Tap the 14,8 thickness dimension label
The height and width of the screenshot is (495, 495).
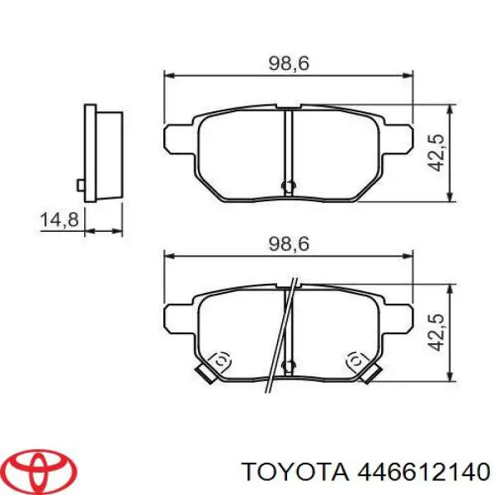[59, 220]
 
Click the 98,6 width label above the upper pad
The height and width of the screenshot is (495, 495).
[288, 63]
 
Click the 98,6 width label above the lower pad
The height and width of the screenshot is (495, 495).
[288, 244]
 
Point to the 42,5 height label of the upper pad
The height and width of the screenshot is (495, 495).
[439, 153]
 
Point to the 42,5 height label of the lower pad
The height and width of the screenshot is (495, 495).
[439, 331]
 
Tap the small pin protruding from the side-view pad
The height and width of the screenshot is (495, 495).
[81, 184]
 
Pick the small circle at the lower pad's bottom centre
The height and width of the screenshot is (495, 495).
[288, 365]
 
